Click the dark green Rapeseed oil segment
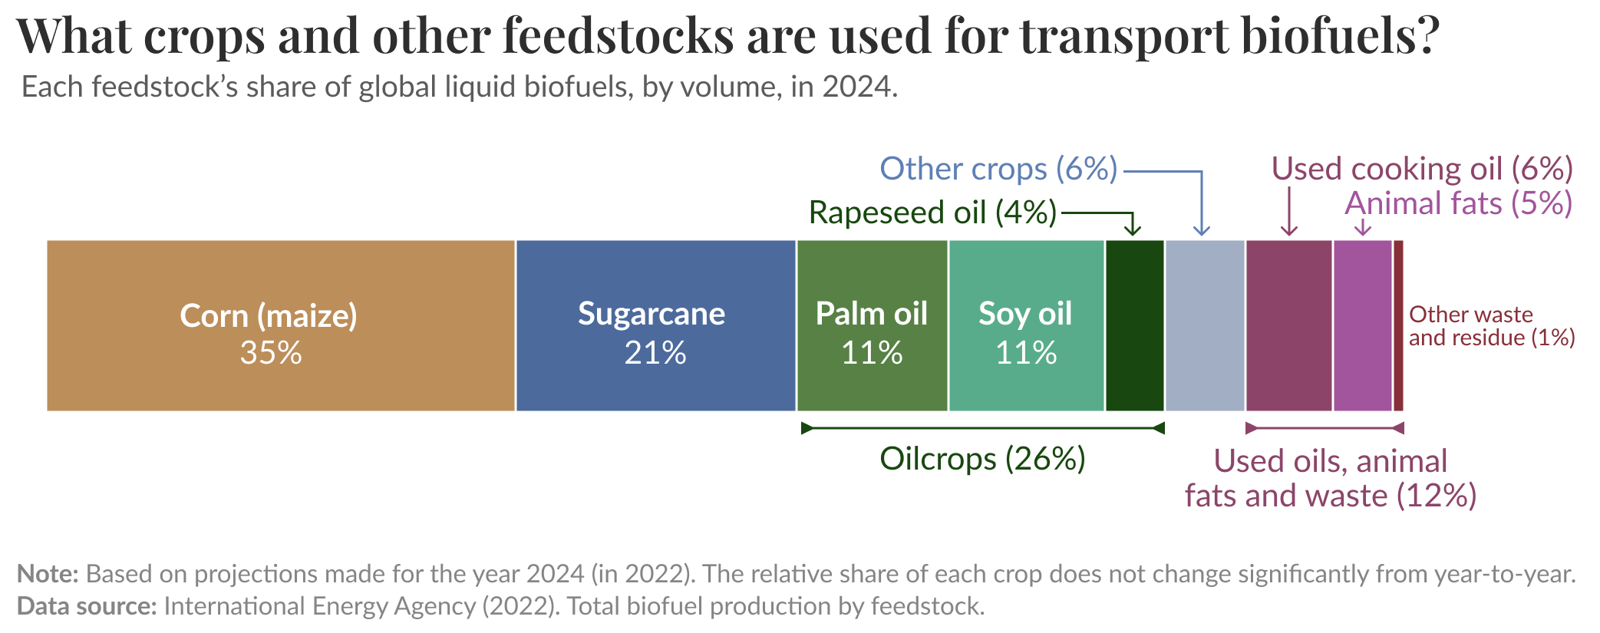1134,325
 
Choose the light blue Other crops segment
1204,325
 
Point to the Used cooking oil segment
1288,325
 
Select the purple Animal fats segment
1362,325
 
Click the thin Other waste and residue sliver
1398,325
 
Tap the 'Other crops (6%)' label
998,169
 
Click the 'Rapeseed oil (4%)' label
932,213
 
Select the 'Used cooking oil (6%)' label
1422,169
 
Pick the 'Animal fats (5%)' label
1458,203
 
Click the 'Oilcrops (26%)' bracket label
982,459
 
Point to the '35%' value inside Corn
270,353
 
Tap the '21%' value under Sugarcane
655,353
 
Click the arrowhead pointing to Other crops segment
1202,230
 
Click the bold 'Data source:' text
86,606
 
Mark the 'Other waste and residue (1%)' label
1491,326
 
